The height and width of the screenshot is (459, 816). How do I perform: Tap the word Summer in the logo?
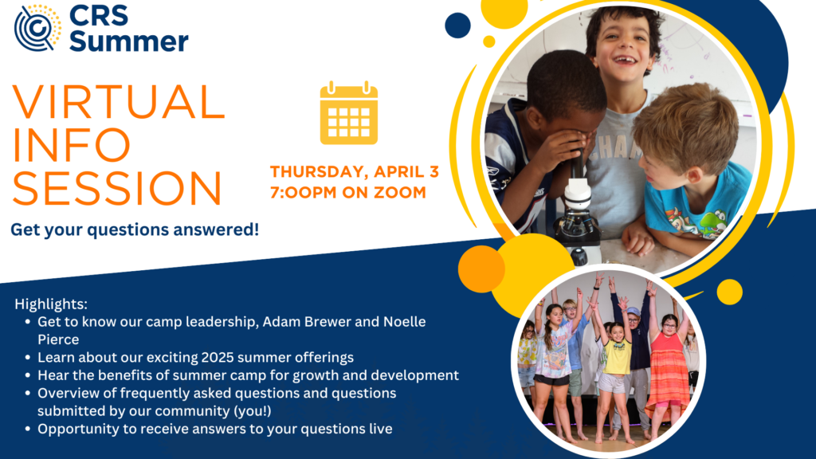click(128, 41)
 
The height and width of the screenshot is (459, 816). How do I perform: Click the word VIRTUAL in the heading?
click(119, 102)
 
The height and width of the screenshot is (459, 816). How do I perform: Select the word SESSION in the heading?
click(118, 188)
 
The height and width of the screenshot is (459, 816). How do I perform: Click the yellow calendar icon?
click(349, 113)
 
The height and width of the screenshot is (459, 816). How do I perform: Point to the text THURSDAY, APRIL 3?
click(355, 171)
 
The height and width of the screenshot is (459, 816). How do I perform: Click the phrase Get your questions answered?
click(135, 229)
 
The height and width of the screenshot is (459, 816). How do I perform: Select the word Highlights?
click(51, 304)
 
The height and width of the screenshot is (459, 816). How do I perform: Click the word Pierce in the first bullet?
click(58, 339)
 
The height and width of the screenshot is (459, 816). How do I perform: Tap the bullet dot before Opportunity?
click(28, 430)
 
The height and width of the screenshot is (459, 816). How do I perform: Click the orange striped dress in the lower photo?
click(668, 371)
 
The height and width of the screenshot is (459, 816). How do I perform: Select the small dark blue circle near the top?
click(457, 25)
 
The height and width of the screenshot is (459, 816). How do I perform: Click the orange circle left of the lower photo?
click(481, 269)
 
